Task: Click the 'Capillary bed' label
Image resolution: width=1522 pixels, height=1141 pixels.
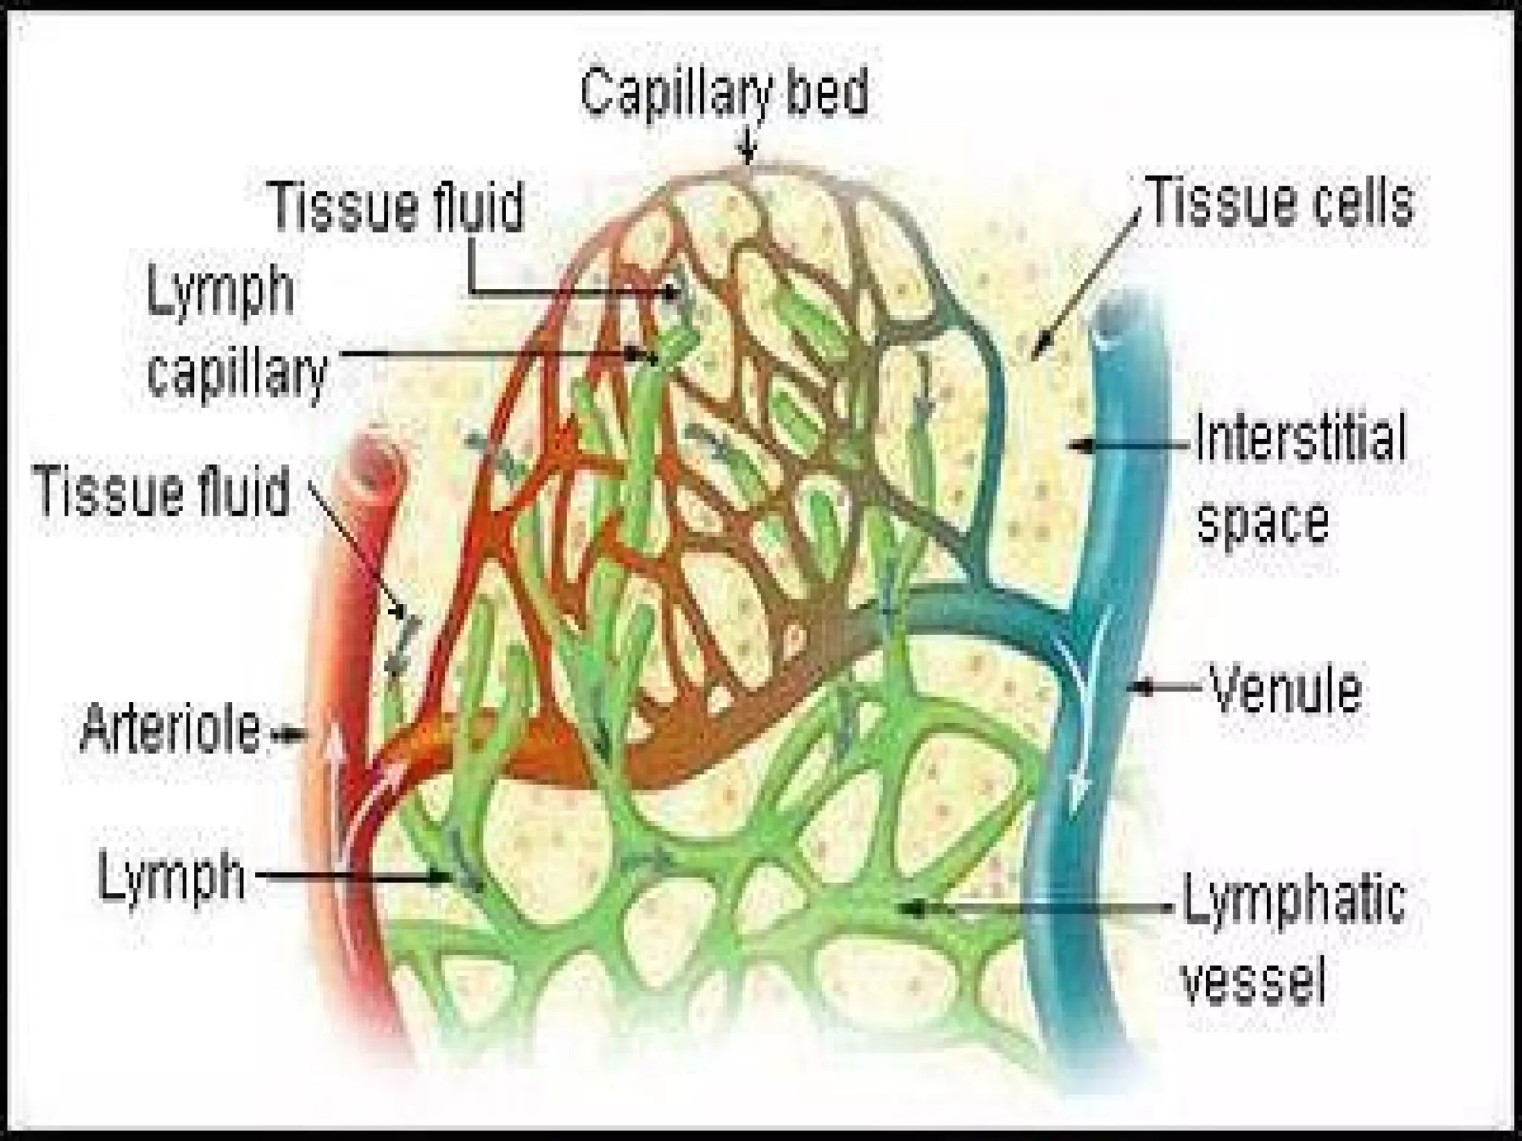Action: tap(724, 94)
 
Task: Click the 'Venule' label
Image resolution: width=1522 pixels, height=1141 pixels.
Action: tap(1286, 689)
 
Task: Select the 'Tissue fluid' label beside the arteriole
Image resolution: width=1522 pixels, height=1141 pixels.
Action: tap(162, 491)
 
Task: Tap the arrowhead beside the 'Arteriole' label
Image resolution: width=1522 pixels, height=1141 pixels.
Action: tap(281, 735)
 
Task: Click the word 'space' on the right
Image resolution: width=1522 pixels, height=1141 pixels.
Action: tap(1263, 521)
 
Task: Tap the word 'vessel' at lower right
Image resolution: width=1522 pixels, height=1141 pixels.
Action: tap(1254, 978)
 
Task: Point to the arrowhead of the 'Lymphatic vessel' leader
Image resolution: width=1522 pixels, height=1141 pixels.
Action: tap(916, 907)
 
